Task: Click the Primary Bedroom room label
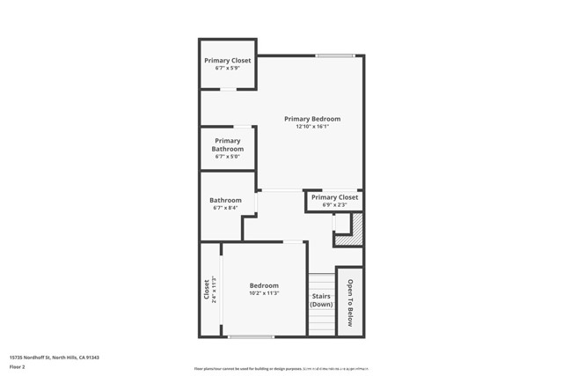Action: pyautogui.click(x=311, y=119)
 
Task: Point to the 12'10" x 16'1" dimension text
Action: pyautogui.click(x=311, y=127)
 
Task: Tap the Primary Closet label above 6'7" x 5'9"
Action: pyautogui.click(x=228, y=61)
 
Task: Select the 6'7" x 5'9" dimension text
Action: pyautogui.click(x=228, y=69)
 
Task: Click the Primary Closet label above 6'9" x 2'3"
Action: pyautogui.click(x=334, y=197)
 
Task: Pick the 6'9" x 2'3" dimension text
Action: pyautogui.click(x=334, y=205)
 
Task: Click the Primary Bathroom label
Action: pyautogui.click(x=227, y=145)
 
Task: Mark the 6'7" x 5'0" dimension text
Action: pyautogui.click(x=227, y=158)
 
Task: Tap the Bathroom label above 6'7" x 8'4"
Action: pyautogui.click(x=225, y=200)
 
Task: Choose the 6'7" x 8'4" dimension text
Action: pyautogui.click(x=225, y=209)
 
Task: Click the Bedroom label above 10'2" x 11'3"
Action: pyautogui.click(x=264, y=285)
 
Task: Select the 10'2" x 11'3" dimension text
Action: pyautogui.click(x=264, y=293)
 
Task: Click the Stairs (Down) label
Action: pyautogui.click(x=321, y=300)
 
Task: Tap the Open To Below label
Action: pyautogui.click(x=349, y=303)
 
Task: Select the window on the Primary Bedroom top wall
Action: pyautogui.click(x=334, y=56)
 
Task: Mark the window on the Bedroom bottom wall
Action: pyautogui.click(x=251, y=336)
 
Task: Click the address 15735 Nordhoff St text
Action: pyautogui.click(x=54, y=358)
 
